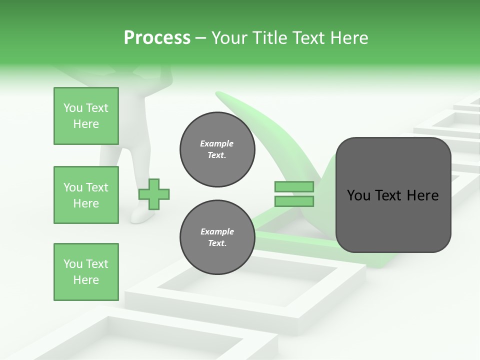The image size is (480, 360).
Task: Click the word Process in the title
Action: (157, 38)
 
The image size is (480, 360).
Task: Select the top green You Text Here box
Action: (86, 116)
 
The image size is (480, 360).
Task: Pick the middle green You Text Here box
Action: (86, 195)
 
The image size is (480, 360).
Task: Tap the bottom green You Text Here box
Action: (86, 272)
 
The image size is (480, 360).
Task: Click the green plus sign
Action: (154, 193)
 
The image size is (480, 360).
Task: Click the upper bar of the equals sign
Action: (294, 187)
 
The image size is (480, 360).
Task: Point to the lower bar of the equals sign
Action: (294, 201)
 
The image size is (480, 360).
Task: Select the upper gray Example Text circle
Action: (217, 149)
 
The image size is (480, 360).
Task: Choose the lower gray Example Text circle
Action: (217, 237)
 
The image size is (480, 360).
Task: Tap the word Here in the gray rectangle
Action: (422, 195)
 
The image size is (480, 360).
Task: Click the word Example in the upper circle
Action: (216, 143)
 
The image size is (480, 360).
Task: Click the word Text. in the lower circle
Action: (216, 243)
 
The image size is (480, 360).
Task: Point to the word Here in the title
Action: (349, 38)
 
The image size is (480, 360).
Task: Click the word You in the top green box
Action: (73, 108)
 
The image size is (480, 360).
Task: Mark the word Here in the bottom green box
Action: (86, 280)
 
